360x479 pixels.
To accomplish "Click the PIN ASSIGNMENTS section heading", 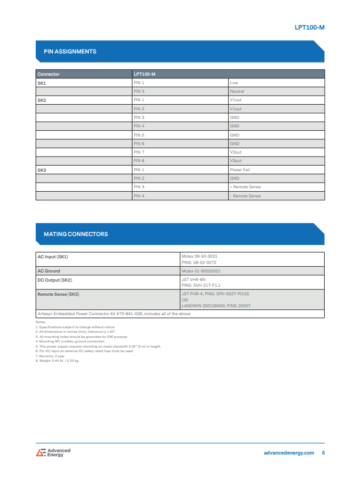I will [x=70, y=52].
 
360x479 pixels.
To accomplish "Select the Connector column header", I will [x=48, y=74].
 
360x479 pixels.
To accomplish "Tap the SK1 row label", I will [x=42, y=82].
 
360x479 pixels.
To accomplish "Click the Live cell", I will [x=234, y=82].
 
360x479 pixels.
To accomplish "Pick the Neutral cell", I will [x=237, y=91].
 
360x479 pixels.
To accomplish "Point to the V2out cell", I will [x=235, y=152].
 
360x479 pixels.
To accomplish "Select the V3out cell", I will [x=235, y=161].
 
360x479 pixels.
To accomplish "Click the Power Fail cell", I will [x=240, y=170].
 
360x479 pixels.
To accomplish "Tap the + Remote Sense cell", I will [x=245, y=187].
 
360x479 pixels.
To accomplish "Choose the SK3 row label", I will [x=42, y=170].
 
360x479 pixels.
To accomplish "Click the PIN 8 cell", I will [x=139, y=161].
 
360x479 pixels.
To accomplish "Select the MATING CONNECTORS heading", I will [x=76, y=234].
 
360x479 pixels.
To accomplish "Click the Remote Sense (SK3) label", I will [x=58, y=294].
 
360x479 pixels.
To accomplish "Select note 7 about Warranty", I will [x=50, y=356].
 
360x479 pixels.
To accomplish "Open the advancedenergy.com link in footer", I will [x=289, y=453].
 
